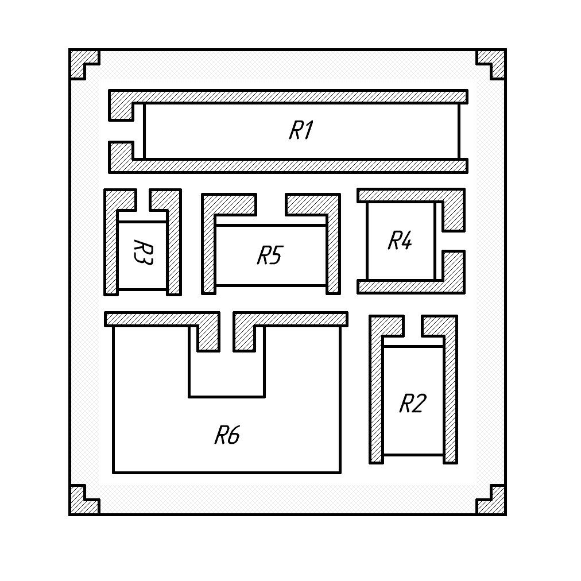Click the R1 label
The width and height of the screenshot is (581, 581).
[x=300, y=130]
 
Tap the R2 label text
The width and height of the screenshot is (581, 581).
[x=412, y=404]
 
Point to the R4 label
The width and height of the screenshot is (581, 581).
[x=400, y=241]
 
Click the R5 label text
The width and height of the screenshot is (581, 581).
[x=269, y=255]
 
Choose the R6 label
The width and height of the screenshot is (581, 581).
[x=227, y=435]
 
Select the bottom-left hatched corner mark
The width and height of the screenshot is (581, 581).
[x=79, y=504]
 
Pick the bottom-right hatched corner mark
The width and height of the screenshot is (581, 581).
[x=496, y=504]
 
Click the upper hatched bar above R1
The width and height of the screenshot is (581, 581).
[x=287, y=96]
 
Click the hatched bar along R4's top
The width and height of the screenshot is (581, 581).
[x=402, y=195]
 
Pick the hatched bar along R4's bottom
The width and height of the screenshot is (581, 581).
[x=402, y=286]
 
